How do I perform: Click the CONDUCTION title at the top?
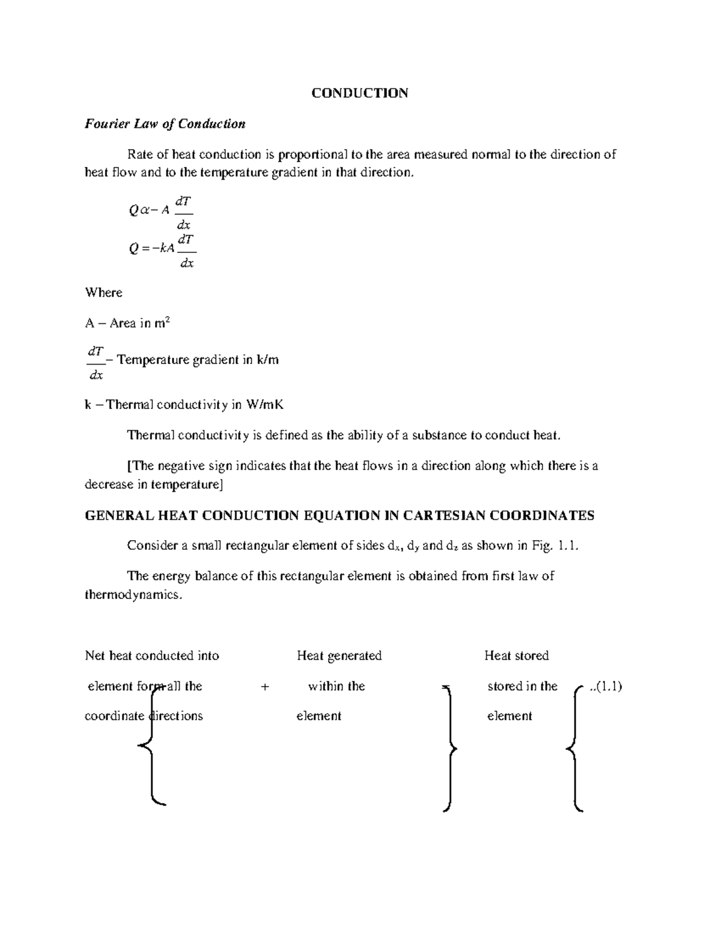click(359, 93)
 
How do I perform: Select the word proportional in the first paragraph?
click(313, 154)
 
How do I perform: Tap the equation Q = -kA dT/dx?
click(162, 249)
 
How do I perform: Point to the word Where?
click(103, 293)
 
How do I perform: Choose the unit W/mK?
click(264, 404)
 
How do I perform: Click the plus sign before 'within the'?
click(265, 686)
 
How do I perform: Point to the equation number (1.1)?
click(608, 686)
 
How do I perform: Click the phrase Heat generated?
click(339, 655)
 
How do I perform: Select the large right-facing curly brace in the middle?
click(450, 749)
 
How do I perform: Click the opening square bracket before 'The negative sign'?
click(129, 466)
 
